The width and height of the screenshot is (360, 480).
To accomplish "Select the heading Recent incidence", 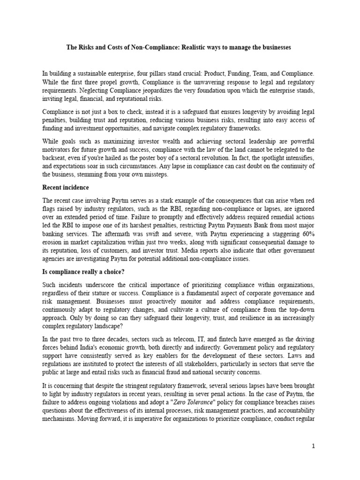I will (x=66, y=187).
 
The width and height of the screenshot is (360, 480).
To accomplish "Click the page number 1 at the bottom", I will (x=314, y=447).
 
